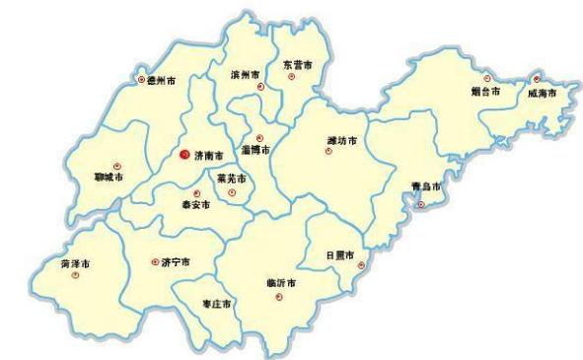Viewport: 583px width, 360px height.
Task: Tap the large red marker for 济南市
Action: click(x=185, y=154)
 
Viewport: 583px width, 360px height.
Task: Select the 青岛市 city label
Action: click(x=425, y=186)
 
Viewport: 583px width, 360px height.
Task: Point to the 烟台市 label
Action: click(x=485, y=91)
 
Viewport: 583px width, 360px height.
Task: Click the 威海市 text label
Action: click(x=542, y=92)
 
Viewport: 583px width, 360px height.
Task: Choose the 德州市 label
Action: click(x=162, y=79)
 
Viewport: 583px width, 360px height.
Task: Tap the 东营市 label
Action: click(x=297, y=64)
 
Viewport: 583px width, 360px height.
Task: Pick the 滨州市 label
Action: click(x=246, y=74)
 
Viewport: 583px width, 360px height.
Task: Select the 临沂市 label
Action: click(x=281, y=283)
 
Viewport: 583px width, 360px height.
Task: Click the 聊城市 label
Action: click(x=109, y=178)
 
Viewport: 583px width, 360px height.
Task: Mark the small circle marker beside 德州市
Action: click(x=141, y=79)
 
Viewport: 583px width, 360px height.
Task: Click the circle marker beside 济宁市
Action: click(x=154, y=261)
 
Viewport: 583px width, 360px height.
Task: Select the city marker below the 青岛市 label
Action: click(x=421, y=204)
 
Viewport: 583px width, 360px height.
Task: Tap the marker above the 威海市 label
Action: click(x=537, y=79)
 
